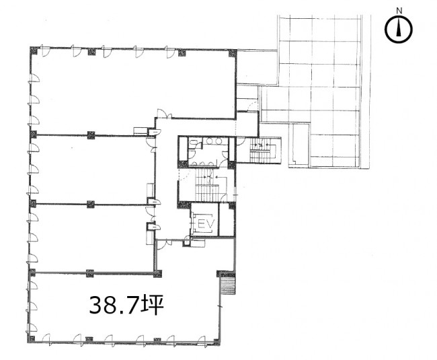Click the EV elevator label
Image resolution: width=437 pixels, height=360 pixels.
pyautogui.click(x=206, y=223)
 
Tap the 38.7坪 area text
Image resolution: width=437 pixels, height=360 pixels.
pyautogui.click(x=126, y=305)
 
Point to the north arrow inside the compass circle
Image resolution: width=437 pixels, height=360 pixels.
pyautogui.click(x=399, y=30)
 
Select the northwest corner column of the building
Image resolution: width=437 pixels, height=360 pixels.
pyautogui.click(x=34, y=50)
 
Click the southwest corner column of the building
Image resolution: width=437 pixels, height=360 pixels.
pyautogui.click(x=31, y=339)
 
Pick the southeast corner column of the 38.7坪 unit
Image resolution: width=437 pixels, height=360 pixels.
pyautogui.click(x=216, y=340)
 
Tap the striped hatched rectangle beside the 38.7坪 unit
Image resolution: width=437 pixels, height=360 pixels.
pyautogui.click(x=229, y=285)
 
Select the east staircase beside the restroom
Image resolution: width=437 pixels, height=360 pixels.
pyautogui.click(x=263, y=151)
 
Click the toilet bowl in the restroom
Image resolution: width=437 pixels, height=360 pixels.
pyautogui.click(x=192, y=143)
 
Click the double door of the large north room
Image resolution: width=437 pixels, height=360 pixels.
pyautogui.click(x=165, y=114)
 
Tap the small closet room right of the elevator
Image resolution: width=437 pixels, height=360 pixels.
pyautogui.click(x=227, y=220)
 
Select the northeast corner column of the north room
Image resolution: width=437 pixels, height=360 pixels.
pyautogui.click(x=233, y=52)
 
